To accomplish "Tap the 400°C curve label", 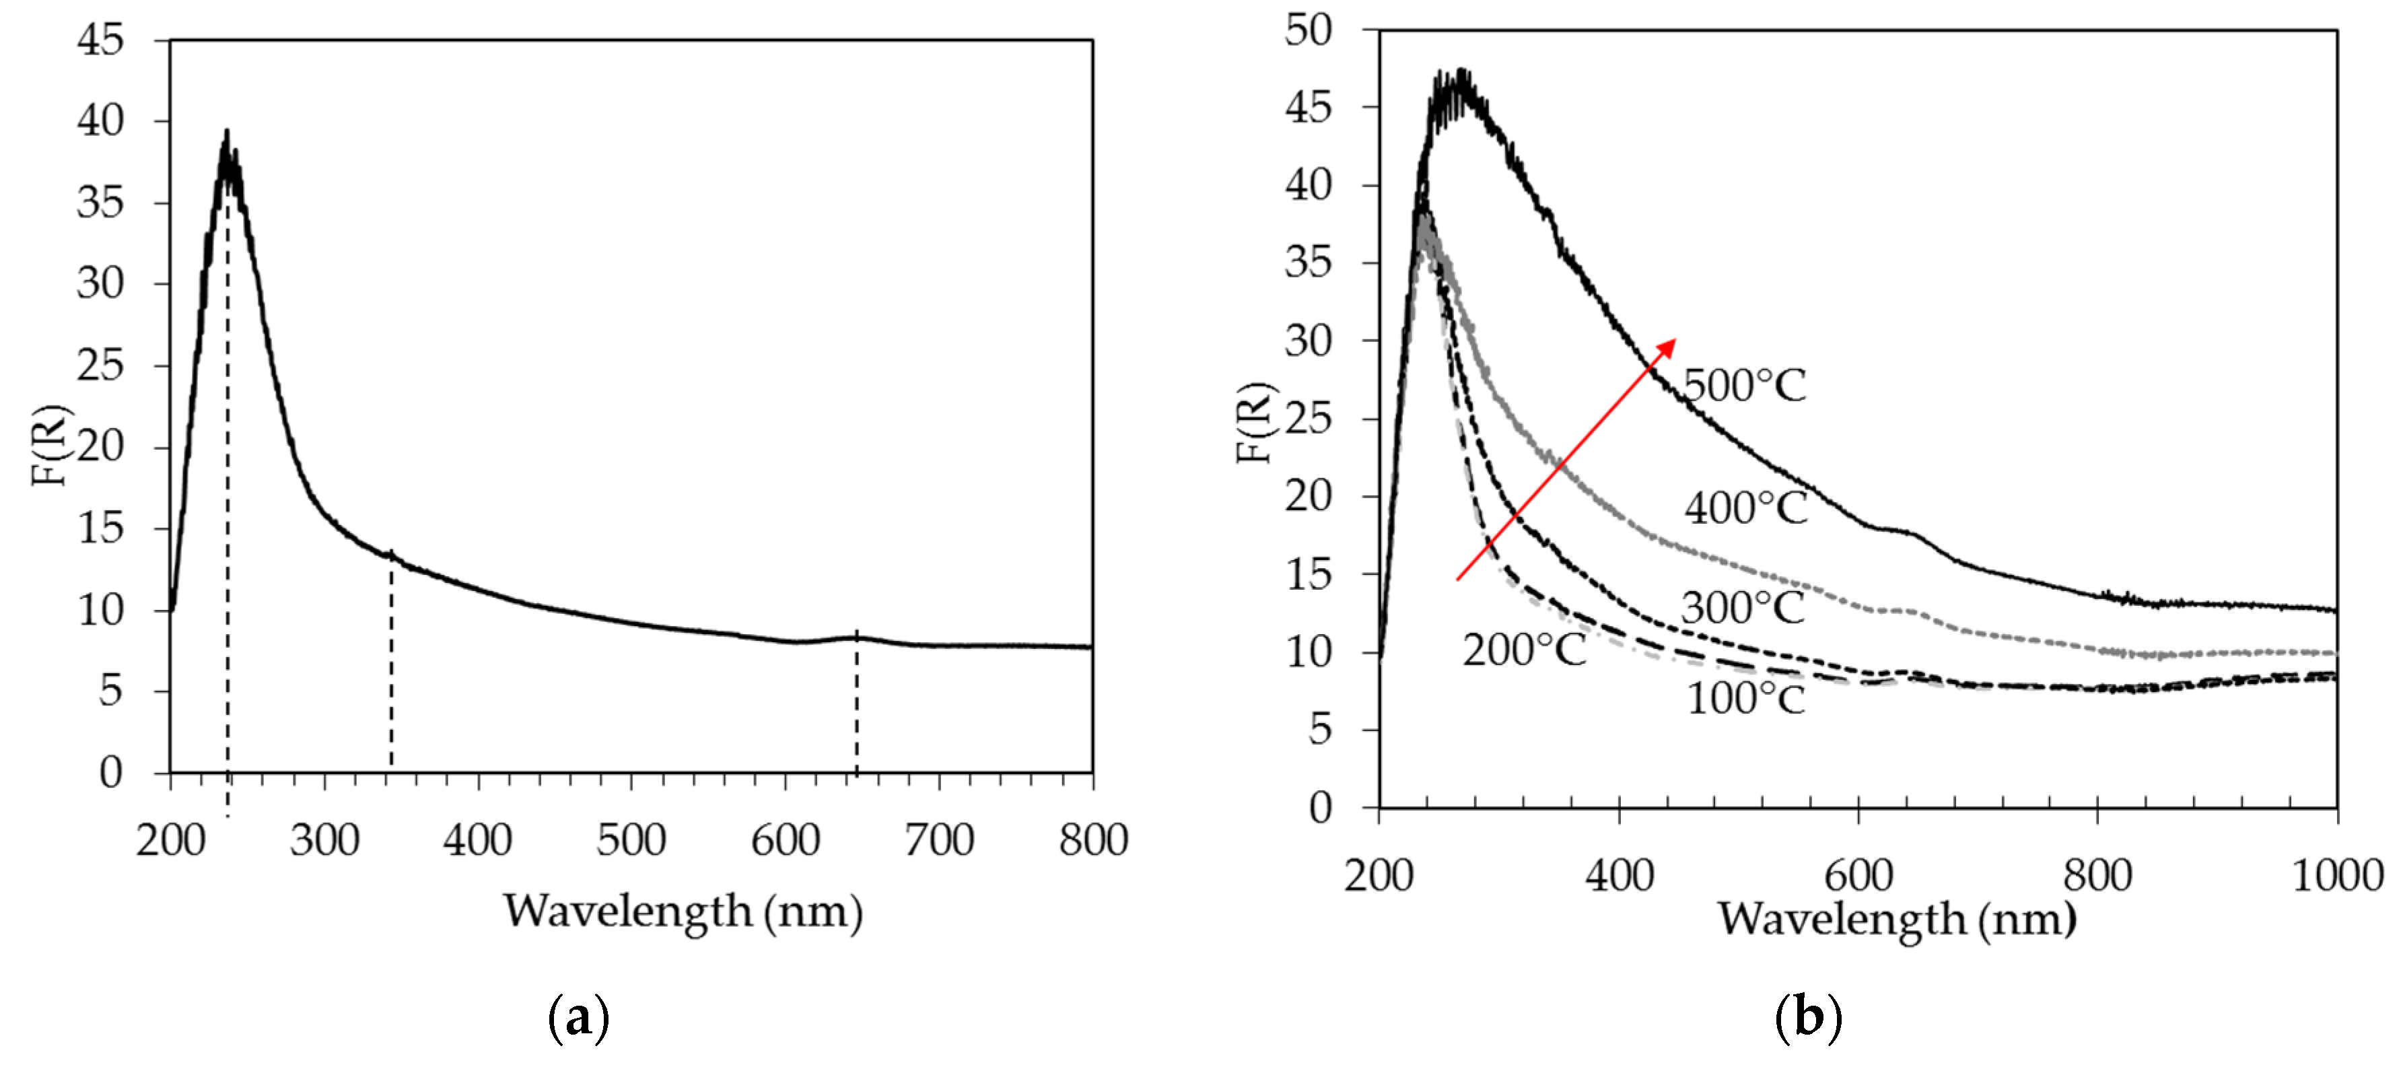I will pos(1745,508).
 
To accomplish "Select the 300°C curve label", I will pos(1743,608).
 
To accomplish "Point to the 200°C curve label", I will pos(1523,650).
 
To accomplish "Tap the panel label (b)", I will pos(1807,1018).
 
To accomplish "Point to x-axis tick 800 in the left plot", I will pos(1092,840).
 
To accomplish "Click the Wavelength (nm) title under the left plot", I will pos(683,911).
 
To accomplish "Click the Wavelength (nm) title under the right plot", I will pos(1896,919).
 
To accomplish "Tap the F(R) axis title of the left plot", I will pos(50,445).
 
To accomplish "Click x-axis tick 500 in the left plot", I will pos(631,840).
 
